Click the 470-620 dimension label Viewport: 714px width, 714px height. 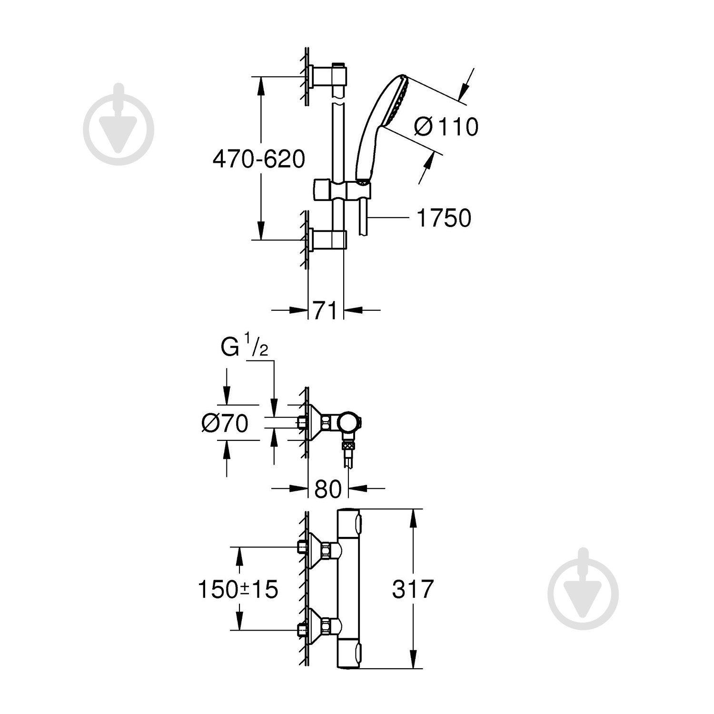tap(258, 159)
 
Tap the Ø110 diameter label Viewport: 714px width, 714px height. tap(446, 127)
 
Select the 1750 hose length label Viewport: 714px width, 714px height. tap(443, 218)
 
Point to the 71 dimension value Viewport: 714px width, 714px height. tap(325, 310)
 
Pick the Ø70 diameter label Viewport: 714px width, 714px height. tap(225, 423)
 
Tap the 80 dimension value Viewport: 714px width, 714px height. tap(328, 488)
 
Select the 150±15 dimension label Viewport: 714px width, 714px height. tap(238, 589)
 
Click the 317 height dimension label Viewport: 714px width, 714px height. tap(413, 589)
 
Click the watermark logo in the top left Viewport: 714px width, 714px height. tap(119, 125)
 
